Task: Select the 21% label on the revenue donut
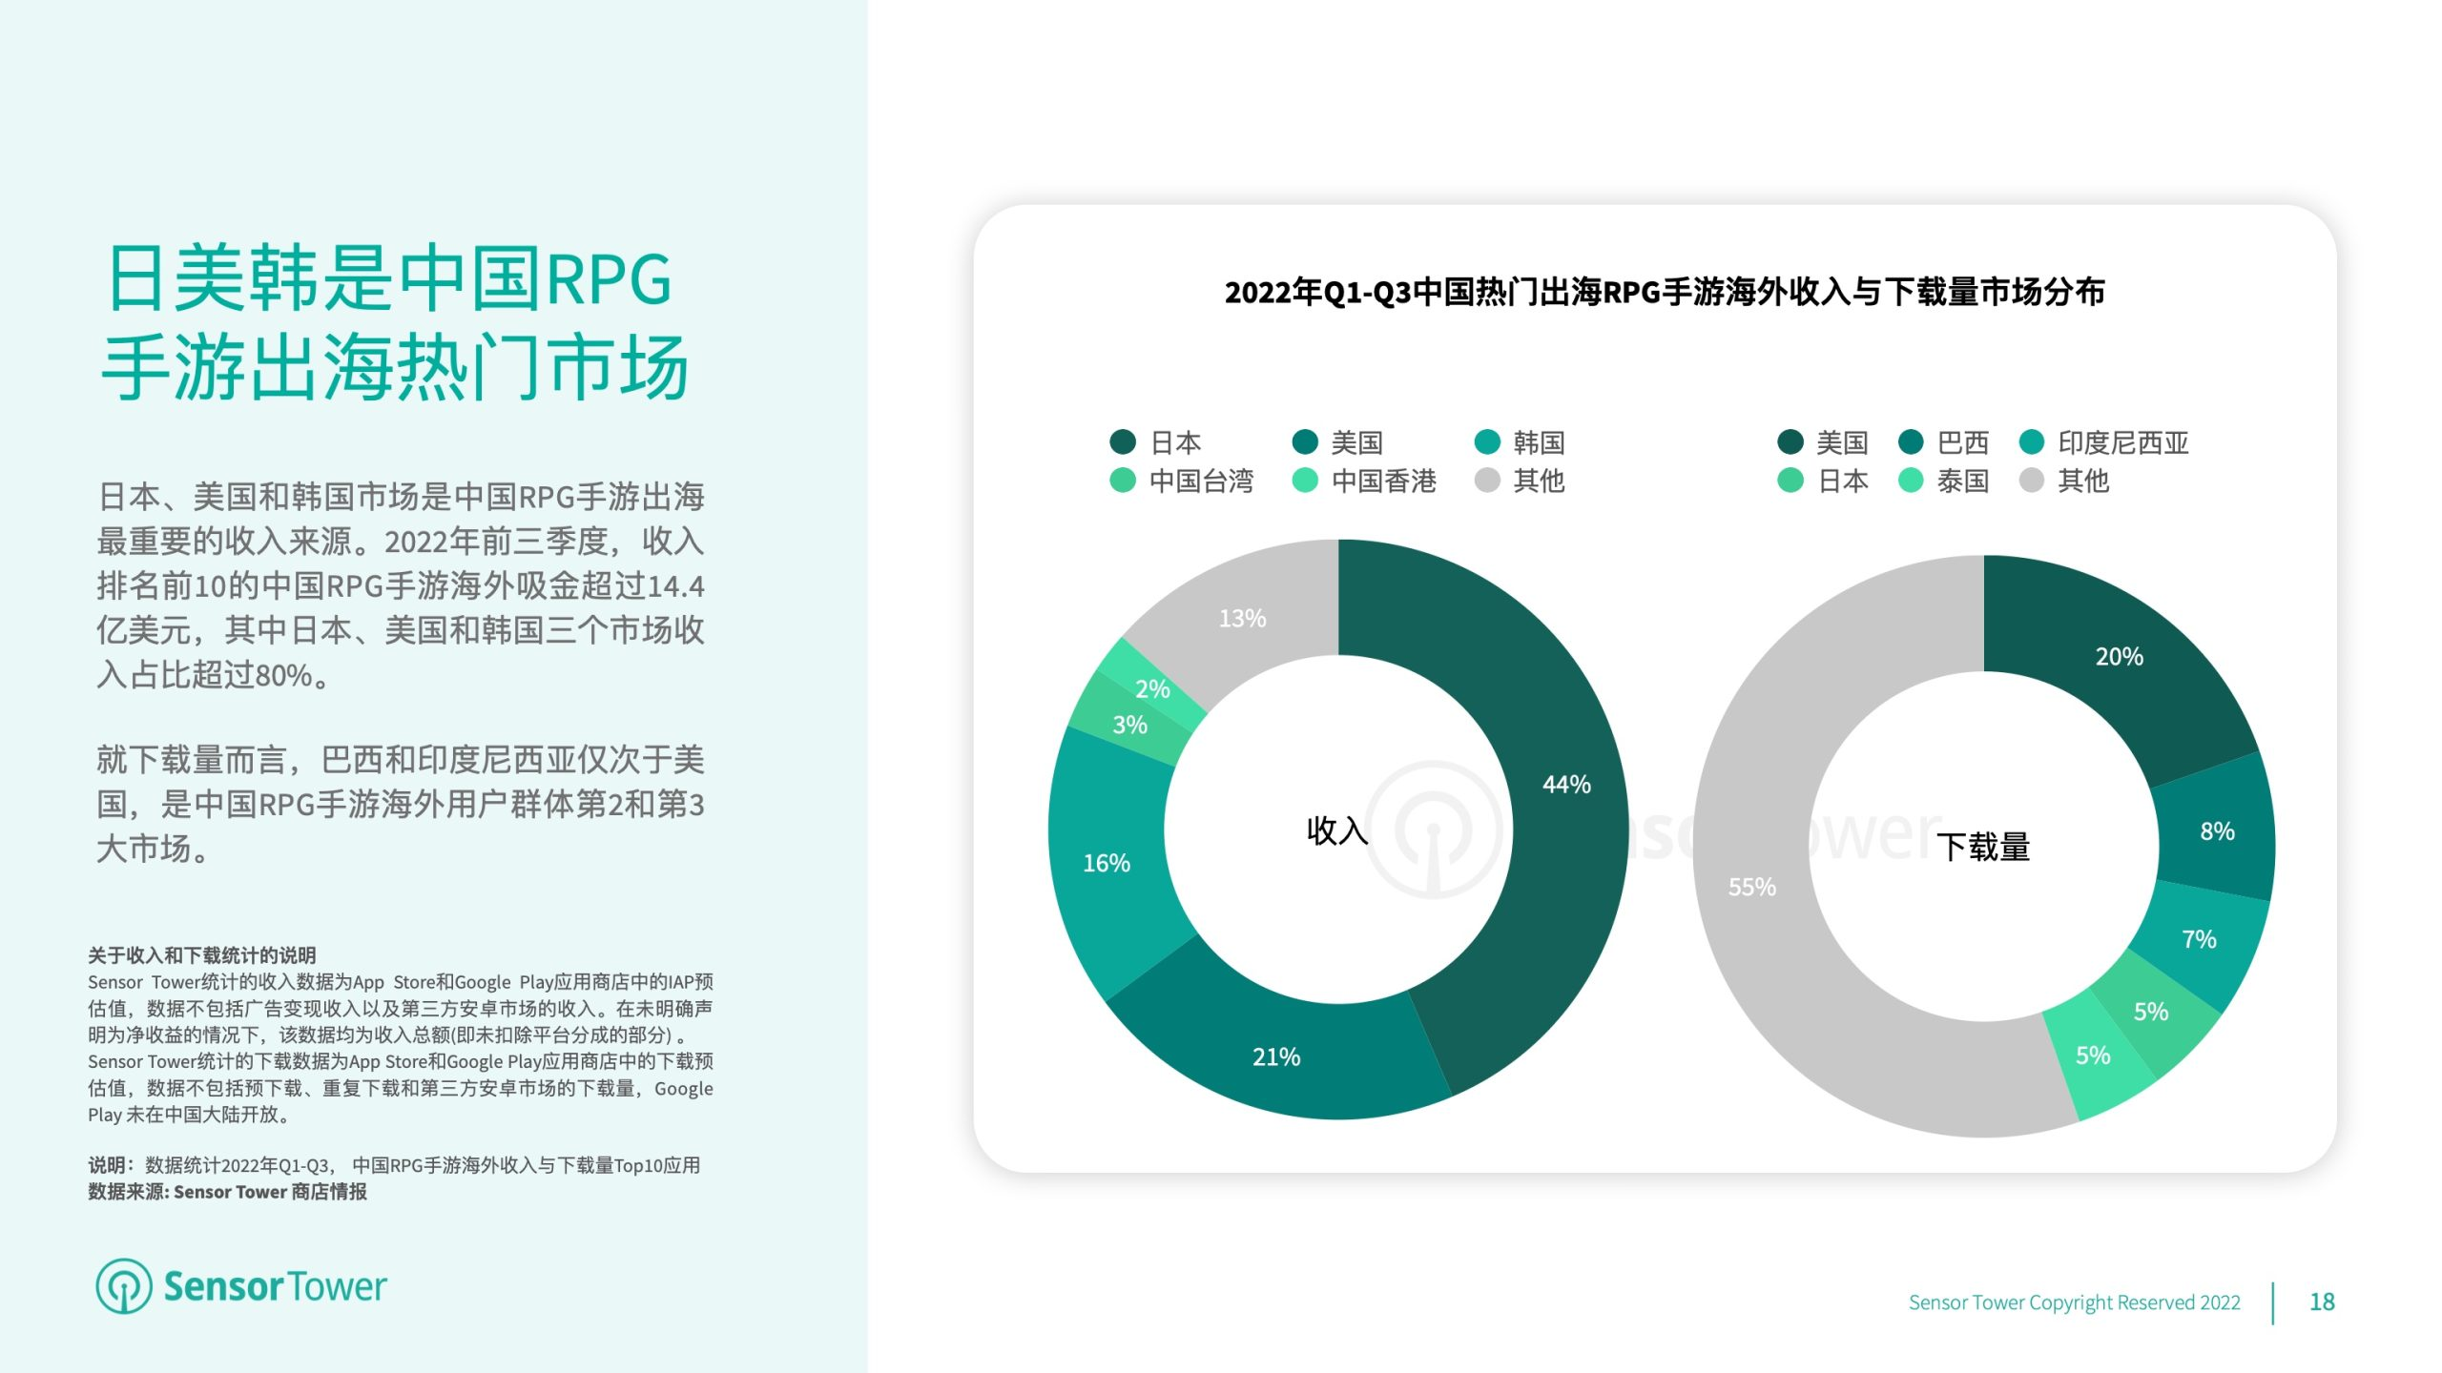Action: click(1276, 1056)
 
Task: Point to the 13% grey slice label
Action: click(1242, 618)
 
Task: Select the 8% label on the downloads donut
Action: click(2217, 831)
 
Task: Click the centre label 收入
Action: click(1337, 830)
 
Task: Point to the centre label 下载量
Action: click(1983, 847)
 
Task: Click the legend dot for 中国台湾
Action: click(1123, 481)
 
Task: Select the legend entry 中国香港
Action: click(1364, 481)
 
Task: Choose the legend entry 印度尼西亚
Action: click(2103, 442)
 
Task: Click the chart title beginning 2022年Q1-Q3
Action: click(1665, 292)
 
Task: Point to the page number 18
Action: click(2322, 1301)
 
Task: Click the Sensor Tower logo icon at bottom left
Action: click(123, 1285)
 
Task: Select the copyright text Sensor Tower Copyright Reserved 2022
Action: click(2074, 1302)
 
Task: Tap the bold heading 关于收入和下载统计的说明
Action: click(201, 955)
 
